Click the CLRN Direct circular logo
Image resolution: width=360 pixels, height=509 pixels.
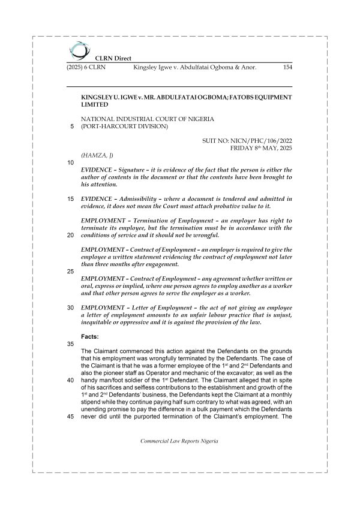click(x=79, y=49)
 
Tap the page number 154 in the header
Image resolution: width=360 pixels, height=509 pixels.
click(x=287, y=68)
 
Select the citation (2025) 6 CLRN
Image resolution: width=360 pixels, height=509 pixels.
click(x=86, y=68)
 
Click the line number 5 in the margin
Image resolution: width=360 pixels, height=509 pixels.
click(x=72, y=127)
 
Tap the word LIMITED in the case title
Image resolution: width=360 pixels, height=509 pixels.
click(x=95, y=104)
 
